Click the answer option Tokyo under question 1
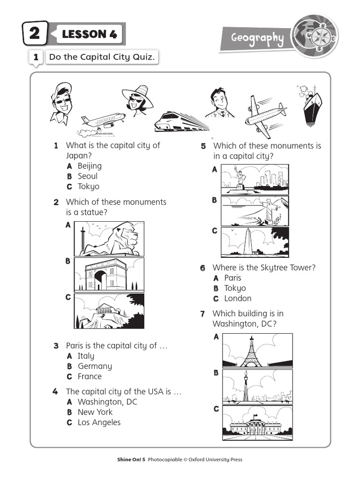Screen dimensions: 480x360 89,187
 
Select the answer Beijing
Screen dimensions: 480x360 90,166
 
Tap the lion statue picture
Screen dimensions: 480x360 109,239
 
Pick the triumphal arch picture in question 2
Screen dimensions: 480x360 109,275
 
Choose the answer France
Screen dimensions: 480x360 90,376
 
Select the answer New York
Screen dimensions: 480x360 95,412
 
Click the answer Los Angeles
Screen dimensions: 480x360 99,422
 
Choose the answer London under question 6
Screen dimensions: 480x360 238,299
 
